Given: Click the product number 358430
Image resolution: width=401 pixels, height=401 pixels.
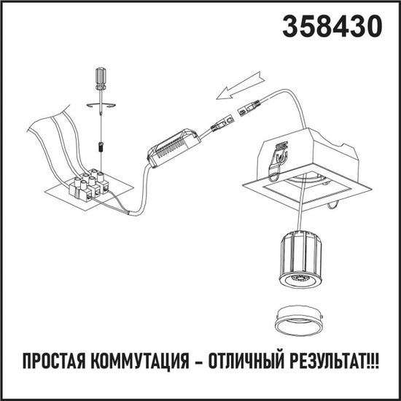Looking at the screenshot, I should pyautogui.click(x=332, y=26).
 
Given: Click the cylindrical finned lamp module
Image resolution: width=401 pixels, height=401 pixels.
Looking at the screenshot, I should pyautogui.click(x=299, y=257).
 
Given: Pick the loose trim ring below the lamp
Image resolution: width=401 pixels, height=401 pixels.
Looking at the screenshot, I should pyautogui.click(x=299, y=319).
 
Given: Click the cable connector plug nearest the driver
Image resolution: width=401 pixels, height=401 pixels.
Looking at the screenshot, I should pyautogui.click(x=219, y=124).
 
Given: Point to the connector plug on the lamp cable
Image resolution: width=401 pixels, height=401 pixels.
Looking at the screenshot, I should pyautogui.click(x=249, y=109).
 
